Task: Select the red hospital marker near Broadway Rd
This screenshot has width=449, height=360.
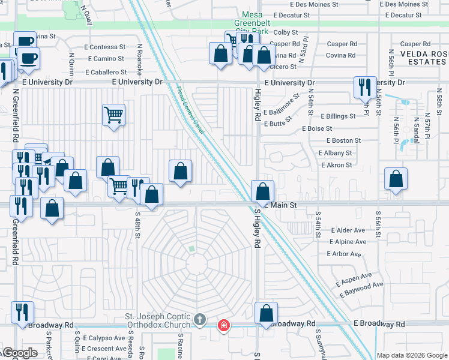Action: [x=223, y=325]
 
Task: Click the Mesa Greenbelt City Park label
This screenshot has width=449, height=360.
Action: [x=259, y=23]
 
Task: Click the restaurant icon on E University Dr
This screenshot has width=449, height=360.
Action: [x=365, y=86]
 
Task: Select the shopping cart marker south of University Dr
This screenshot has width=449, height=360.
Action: [x=113, y=114]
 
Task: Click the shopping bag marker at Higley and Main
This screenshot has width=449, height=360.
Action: [x=262, y=192]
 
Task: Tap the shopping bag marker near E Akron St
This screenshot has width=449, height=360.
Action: [x=396, y=179]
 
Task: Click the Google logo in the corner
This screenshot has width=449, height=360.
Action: [x=20, y=353]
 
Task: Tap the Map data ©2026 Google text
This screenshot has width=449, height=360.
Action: [x=411, y=355]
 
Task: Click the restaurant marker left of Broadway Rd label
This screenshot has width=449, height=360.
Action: [x=22, y=313]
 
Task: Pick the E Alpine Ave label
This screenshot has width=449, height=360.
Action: [x=346, y=242]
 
